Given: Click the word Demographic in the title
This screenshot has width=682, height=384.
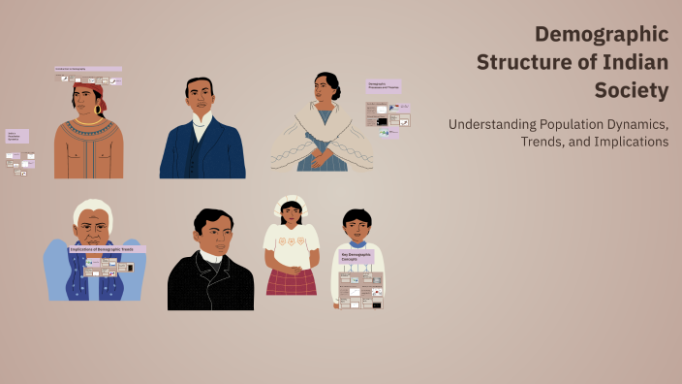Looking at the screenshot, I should [x=602, y=35].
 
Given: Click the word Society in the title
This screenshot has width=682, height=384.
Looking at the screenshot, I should [x=632, y=91].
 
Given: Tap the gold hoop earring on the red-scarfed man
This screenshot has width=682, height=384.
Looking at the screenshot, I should [x=99, y=111].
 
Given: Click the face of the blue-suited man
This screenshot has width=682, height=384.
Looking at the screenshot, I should [x=201, y=98].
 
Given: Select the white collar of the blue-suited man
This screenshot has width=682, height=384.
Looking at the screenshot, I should [x=201, y=120].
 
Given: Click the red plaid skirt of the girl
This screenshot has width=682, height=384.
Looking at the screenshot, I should [x=291, y=281].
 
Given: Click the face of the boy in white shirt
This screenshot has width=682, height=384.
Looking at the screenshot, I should [x=356, y=229].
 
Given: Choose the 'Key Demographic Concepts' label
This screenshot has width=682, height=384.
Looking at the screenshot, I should [x=356, y=257].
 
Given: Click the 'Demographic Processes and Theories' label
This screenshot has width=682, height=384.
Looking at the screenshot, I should [x=383, y=86].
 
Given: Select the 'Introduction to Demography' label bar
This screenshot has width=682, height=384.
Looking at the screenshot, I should [x=87, y=69].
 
